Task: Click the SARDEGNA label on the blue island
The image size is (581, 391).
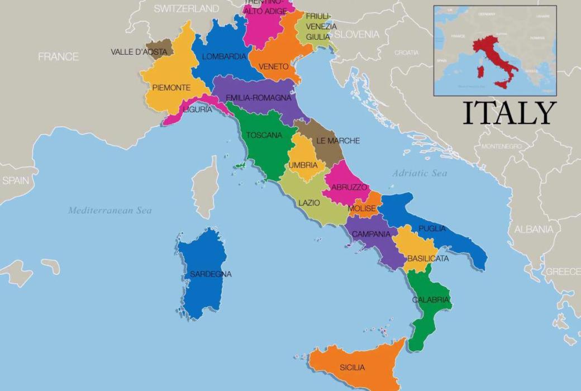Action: click(x=210, y=274)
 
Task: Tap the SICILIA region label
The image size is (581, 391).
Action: click(x=352, y=368)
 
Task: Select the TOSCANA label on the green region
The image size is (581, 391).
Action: click(x=264, y=135)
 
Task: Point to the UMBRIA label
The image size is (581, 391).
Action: click(x=303, y=165)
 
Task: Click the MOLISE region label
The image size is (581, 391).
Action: click(x=362, y=208)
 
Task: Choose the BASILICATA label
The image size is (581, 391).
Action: click(x=428, y=259)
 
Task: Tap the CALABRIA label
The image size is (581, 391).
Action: click(x=430, y=300)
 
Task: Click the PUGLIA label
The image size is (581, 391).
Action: click(x=432, y=228)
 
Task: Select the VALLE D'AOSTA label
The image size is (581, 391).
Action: click(x=139, y=52)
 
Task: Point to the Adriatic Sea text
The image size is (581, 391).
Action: click(x=419, y=173)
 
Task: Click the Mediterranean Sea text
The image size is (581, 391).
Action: click(x=109, y=211)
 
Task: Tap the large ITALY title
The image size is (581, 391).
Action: click(x=509, y=113)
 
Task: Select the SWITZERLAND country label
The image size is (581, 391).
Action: click(x=186, y=8)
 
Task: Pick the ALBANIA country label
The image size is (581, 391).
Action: click(x=534, y=229)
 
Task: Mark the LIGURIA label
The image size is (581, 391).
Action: click(x=197, y=109)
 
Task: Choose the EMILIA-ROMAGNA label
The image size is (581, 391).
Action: click(x=258, y=98)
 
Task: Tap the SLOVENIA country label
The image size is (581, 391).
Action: click(x=356, y=35)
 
